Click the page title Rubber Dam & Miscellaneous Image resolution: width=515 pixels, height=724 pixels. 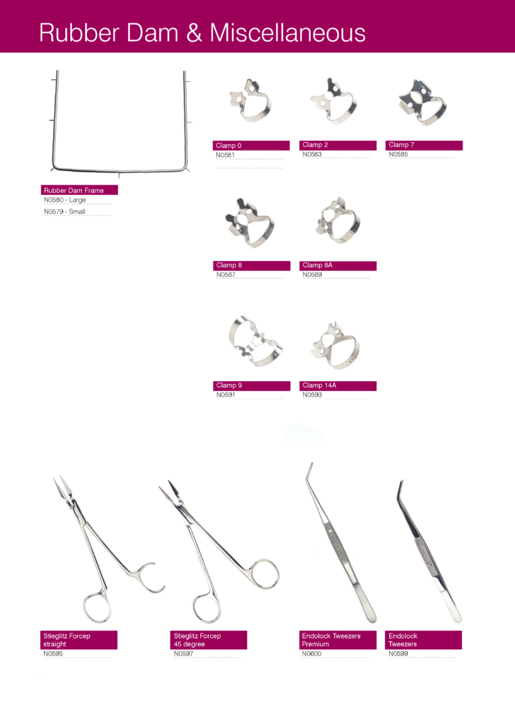pyautogui.click(x=202, y=33)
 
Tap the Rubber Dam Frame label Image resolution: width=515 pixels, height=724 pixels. pyautogui.click(x=74, y=190)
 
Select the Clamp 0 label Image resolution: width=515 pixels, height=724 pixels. pyautogui.click(x=228, y=146)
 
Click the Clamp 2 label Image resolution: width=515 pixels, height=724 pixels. pyautogui.click(x=316, y=145)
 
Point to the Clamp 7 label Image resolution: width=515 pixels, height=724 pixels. pyautogui.click(x=402, y=145)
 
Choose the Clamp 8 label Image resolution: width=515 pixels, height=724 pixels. pyautogui.click(x=228, y=265)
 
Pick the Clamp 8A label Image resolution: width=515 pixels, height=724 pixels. pyautogui.click(x=318, y=265)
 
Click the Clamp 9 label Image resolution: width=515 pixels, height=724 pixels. pyautogui.click(x=228, y=385)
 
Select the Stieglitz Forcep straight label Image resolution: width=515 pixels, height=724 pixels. pyautogui.click(x=66, y=640)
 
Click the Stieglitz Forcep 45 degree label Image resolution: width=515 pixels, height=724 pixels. pyautogui.click(x=197, y=640)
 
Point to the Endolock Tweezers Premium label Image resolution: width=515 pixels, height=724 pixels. pyautogui.click(x=331, y=640)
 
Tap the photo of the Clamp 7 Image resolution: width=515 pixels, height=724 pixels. pyautogui.click(x=423, y=104)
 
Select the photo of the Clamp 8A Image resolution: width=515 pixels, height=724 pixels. pyautogui.click(x=337, y=221)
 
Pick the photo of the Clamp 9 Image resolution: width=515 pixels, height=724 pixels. pyautogui.click(x=255, y=341)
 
